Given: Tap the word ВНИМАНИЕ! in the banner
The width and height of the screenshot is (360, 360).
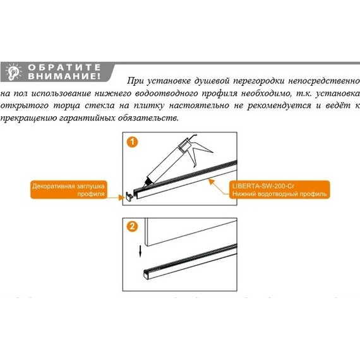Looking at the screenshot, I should [63, 76].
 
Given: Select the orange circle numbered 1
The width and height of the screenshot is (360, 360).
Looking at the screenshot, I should [131, 142].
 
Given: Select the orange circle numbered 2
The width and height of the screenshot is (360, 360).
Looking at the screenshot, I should [131, 225].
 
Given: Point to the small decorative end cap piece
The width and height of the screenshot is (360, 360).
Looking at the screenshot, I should [129, 197].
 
